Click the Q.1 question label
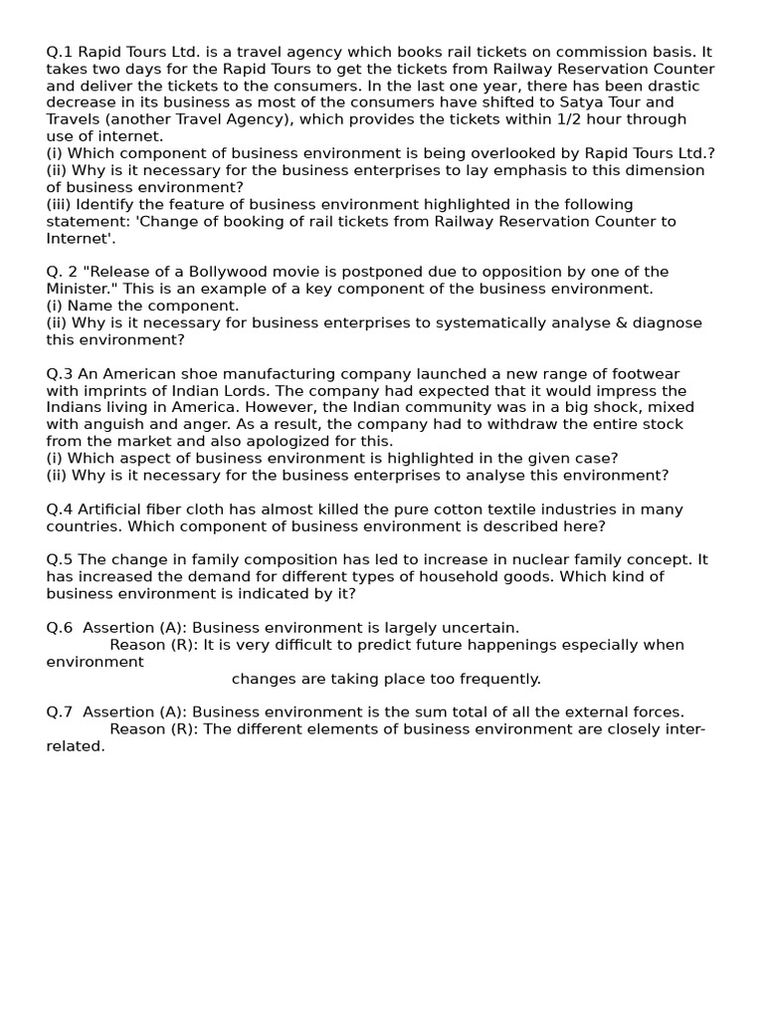[60, 52]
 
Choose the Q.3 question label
[60, 374]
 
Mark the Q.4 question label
[60, 509]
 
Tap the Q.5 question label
[60, 560]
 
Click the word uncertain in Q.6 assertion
[481, 628]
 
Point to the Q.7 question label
[60, 713]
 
